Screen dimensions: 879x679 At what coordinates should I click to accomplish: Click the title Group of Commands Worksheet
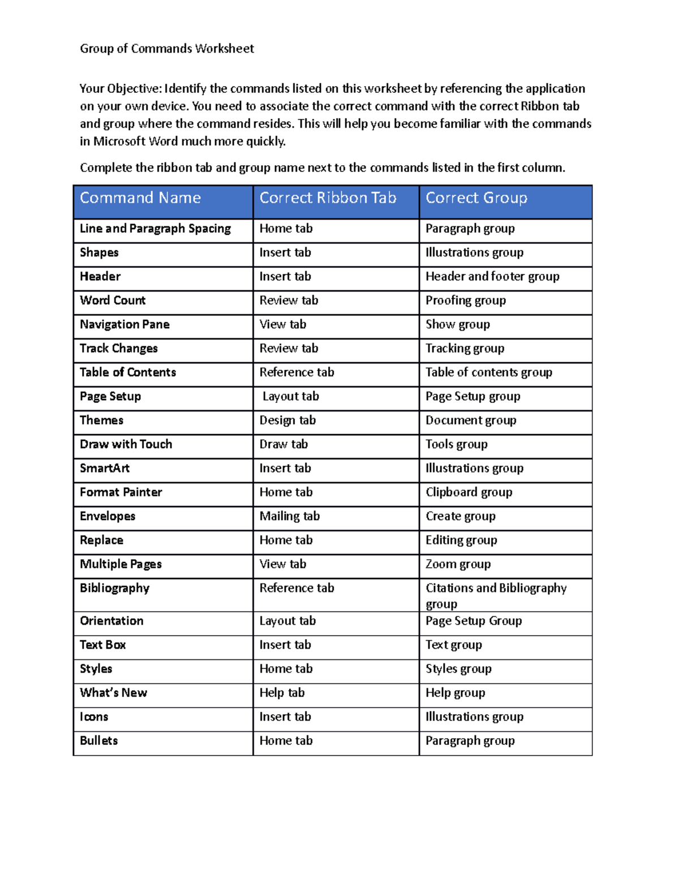[x=167, y=49]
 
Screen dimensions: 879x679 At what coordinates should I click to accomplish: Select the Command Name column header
[x=140, y=198]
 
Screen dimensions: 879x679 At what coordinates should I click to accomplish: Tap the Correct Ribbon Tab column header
[x=328, y=198]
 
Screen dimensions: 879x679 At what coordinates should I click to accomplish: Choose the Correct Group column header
[x=476, y=198]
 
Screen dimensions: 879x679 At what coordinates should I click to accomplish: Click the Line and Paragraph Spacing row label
[x=155, y=229]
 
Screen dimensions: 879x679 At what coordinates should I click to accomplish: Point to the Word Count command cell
[x=113, y=301]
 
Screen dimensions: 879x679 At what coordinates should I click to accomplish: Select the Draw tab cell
[x=283, y=444]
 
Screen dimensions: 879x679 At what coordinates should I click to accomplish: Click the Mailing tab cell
[x=290, y=516]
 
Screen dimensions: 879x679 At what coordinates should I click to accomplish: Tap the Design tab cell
[x=287, y=421]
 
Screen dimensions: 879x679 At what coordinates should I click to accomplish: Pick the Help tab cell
[x=282, y=693]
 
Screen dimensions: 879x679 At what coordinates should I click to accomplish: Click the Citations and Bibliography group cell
[x=496, y=595]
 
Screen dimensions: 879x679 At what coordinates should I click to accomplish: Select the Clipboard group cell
[x=469, y=492]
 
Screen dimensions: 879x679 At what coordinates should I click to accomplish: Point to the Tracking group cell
[x=465, y=349]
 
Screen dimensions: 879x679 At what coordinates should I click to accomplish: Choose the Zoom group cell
[x=458, y=564]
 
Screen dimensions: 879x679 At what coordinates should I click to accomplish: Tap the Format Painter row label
[x=121, y=492]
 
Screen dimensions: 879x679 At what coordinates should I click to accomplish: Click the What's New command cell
[x=113, y=693]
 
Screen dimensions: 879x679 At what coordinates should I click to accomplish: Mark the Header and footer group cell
[x=492, y=277]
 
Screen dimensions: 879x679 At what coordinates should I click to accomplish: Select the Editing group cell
[x=461, y=541]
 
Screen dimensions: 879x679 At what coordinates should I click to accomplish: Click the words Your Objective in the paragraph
[x=121, y=89]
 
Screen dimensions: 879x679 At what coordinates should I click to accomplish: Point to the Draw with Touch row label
[x=126, y=444]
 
